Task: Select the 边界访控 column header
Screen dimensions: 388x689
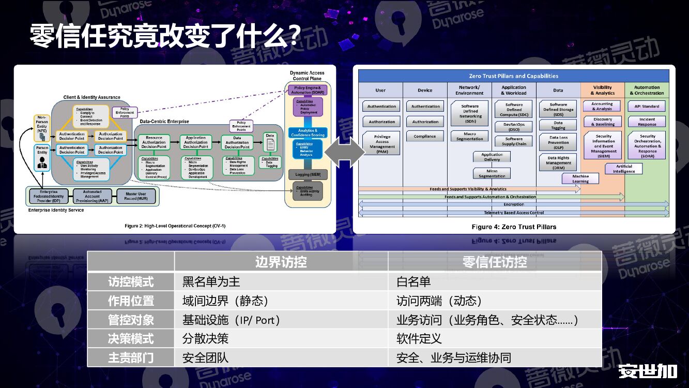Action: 281,262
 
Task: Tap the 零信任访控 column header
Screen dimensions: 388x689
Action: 495,262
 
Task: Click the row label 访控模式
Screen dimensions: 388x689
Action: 131,281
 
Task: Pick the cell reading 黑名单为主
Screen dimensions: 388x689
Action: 211,281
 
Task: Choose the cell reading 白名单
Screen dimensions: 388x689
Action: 414,281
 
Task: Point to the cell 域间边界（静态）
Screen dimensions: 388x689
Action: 225,301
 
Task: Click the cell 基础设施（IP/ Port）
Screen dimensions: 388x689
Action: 231,320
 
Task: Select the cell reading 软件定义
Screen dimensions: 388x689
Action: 419,339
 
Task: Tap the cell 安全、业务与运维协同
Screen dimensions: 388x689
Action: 453,357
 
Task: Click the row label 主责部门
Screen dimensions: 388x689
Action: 131,357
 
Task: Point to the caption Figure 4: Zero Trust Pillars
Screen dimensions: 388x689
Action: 513,227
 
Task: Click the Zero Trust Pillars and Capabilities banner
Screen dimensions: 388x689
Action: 513,76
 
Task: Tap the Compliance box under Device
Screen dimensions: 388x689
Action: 425,137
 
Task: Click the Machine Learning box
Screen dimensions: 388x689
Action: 580,178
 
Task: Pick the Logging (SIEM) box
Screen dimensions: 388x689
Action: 308,174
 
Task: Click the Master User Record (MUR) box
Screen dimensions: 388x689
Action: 135,197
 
